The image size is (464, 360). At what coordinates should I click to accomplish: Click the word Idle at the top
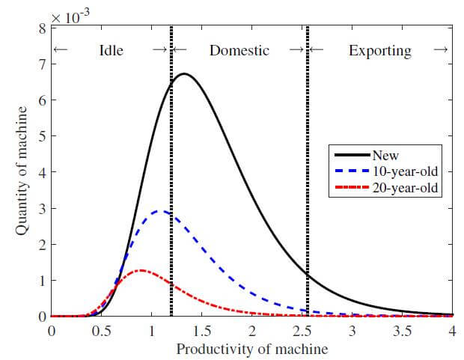coord(111,51)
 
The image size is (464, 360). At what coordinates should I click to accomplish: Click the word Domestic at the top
coord(239,51)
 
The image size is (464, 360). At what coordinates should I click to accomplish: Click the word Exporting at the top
coord(380,51)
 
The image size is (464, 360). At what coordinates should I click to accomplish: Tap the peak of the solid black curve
coord(183,74)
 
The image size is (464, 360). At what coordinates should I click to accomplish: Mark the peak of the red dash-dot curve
coord(142,271)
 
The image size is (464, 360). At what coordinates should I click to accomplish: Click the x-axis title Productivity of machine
coord(251,349)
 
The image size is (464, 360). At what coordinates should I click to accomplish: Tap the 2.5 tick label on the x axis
coord(302,332)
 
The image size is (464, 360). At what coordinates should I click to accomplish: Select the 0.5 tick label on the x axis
coord(101,332)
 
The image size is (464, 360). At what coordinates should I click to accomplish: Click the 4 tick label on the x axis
coord(452,332)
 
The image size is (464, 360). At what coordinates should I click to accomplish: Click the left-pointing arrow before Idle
coord(62,51)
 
